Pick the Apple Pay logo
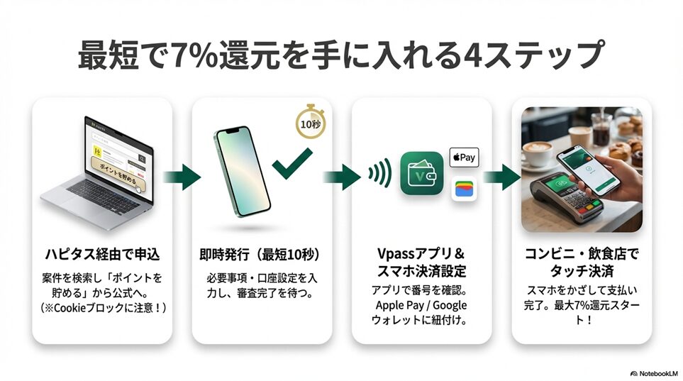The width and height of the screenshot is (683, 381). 465,156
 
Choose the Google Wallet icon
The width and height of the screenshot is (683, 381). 465,189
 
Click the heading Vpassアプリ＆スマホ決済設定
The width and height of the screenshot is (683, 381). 421,263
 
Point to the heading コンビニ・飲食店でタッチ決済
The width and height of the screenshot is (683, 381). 582,263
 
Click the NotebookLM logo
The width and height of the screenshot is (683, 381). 653,372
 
